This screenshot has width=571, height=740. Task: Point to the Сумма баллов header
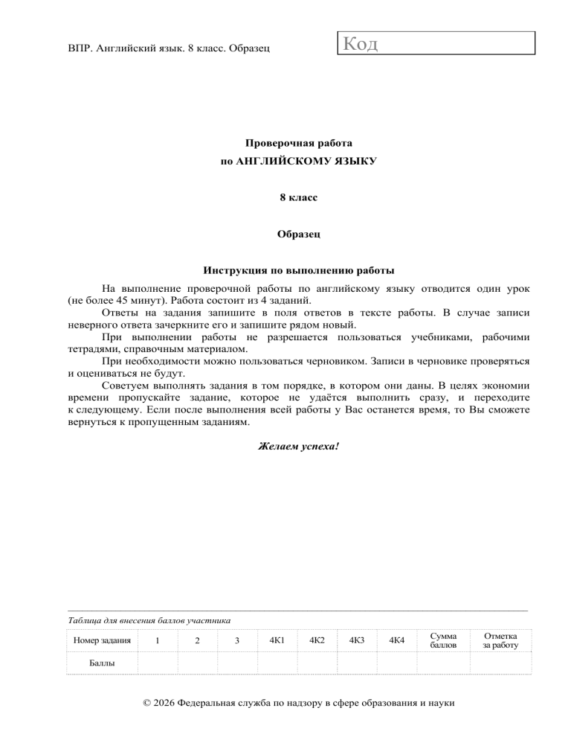coord(443,640)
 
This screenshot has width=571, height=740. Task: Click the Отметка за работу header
coord(500,640)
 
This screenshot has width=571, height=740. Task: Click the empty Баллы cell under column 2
coord(196,662)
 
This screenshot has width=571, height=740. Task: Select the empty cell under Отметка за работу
coord(500,662)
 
